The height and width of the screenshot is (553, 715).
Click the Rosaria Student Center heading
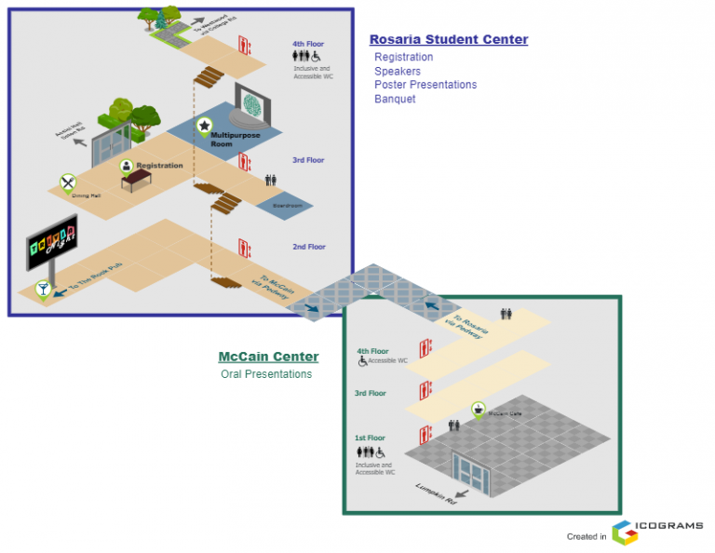(448, 40)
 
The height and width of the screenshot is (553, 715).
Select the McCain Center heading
(268, 357)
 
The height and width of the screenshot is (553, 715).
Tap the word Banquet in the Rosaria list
(395, 99)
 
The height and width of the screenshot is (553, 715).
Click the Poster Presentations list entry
(425, 85)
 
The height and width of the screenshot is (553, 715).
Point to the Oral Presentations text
(266, 374)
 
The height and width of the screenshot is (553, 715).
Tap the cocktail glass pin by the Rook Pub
(42, 290)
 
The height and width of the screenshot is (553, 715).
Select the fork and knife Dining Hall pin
(67, 182)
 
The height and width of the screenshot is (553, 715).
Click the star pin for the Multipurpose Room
(204, 125)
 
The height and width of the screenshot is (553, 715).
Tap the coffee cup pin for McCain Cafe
(478, 408)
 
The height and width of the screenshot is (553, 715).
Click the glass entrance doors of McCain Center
(473, 473)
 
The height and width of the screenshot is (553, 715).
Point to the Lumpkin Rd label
(436, 492)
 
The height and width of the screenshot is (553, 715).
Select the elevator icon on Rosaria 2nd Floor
(244, 248)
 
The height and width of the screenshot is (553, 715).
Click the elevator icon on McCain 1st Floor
(425, 434)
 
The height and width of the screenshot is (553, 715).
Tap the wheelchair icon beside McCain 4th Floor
(362, 361)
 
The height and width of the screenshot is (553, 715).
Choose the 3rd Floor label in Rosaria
(307, 160)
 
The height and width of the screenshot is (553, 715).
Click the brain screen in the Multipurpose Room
(252, 101)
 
